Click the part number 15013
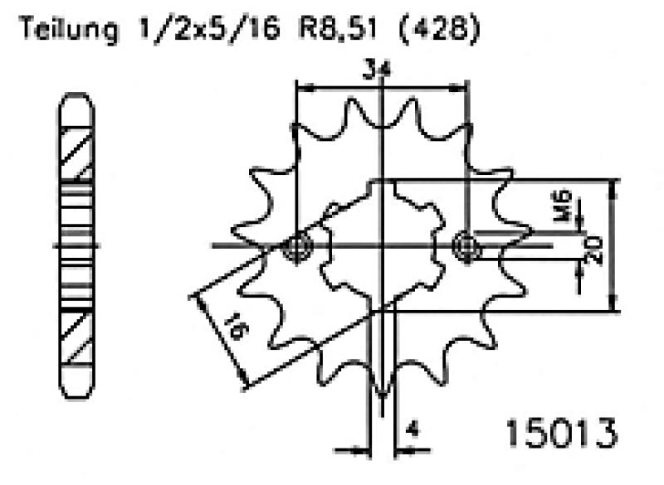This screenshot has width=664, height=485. [x=562, y=433]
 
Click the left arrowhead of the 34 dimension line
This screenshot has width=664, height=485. [x=303, y=86]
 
